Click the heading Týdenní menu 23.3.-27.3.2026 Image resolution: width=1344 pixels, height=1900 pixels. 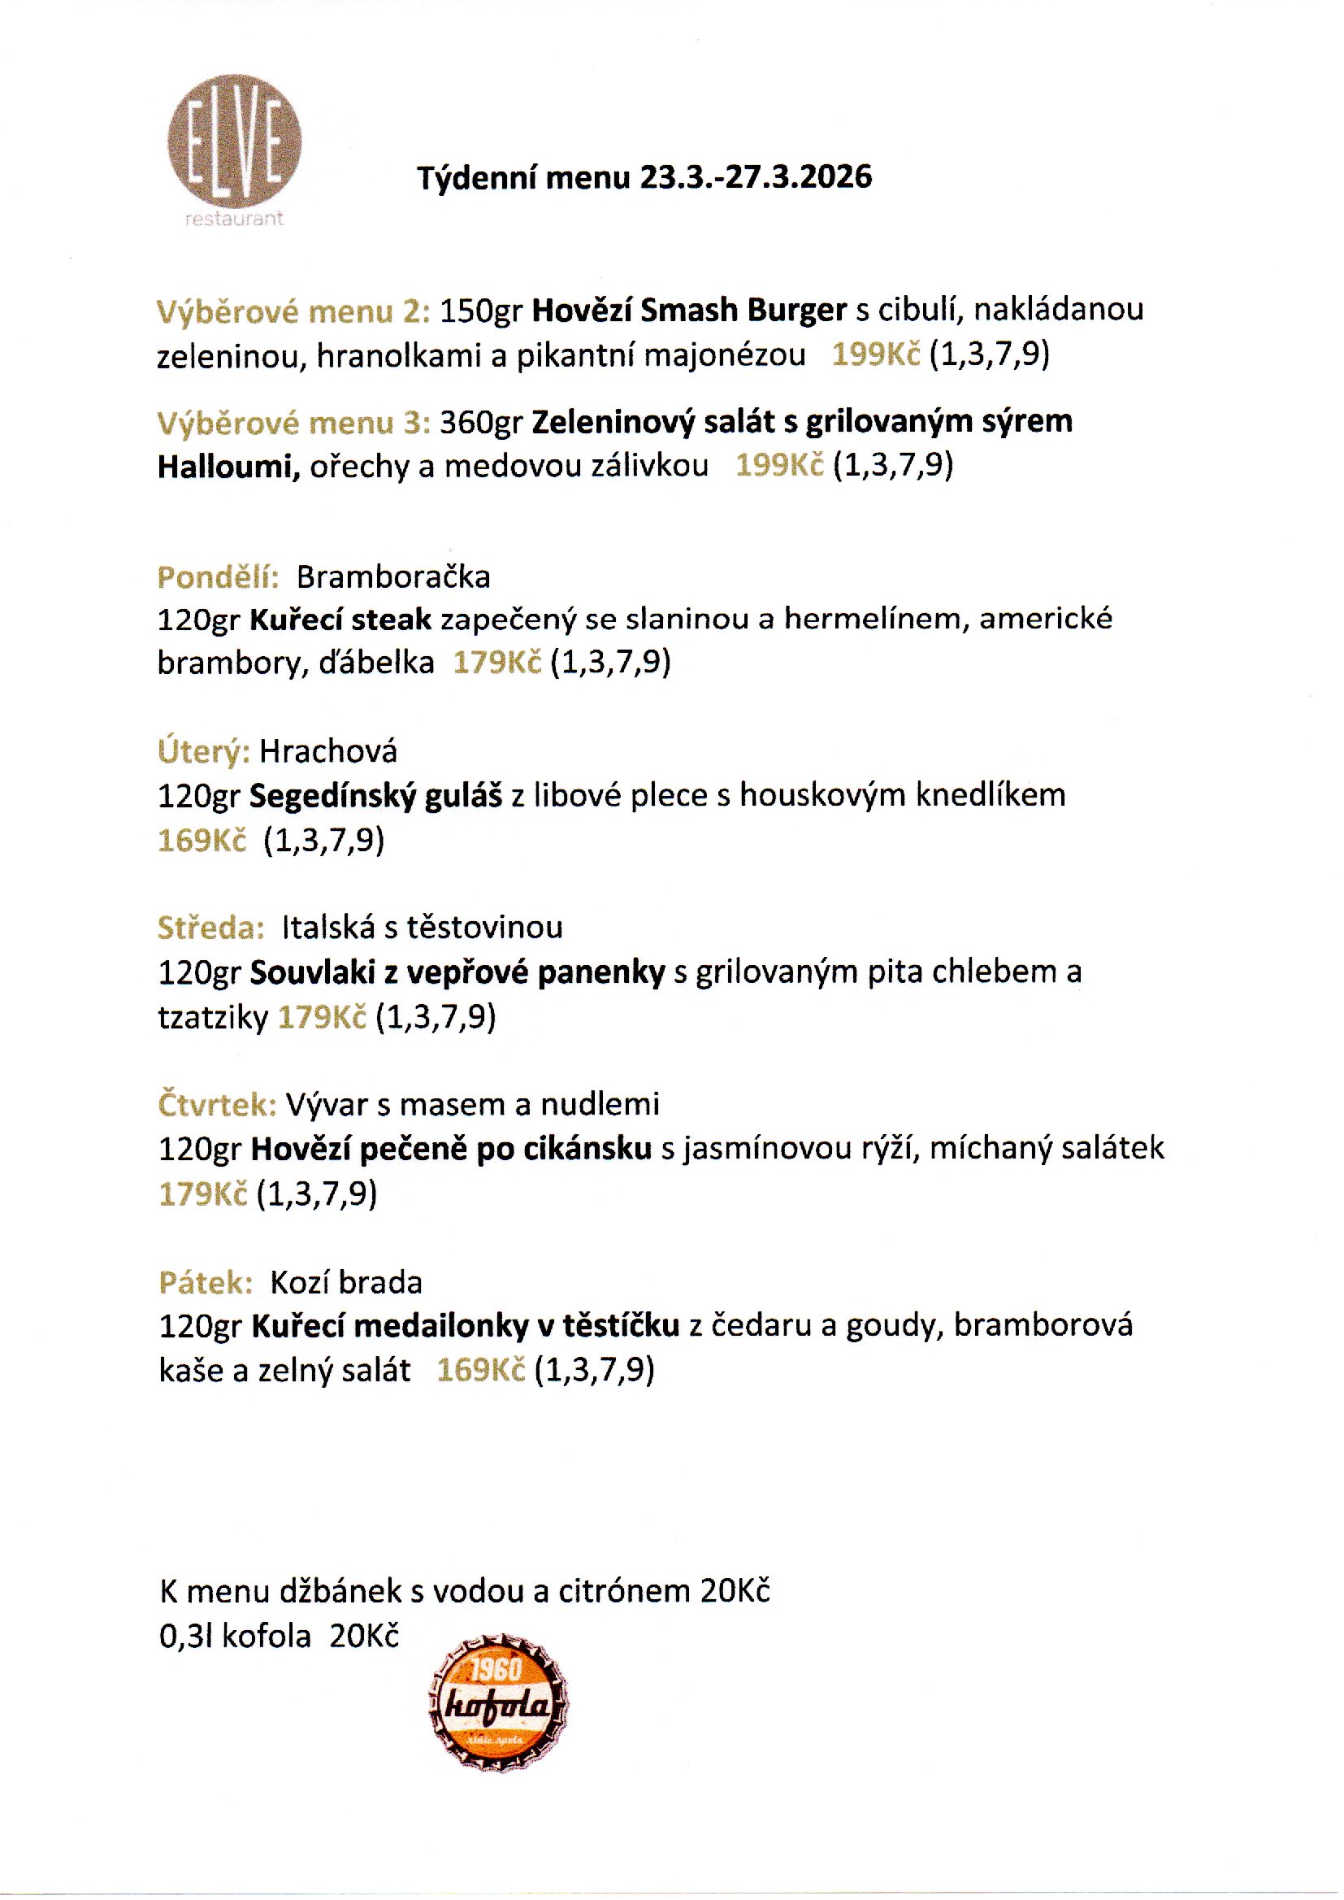[644, 177]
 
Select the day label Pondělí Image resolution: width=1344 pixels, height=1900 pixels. [218, 576]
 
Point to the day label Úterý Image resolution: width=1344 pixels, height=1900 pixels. [203, 752]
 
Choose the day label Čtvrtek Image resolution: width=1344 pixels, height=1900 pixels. [217, 1104]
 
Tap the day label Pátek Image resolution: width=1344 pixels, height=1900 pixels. [206, 1282]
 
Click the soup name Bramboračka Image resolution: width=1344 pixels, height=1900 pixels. [393, 576]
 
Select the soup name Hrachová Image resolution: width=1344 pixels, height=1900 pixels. [327, 752]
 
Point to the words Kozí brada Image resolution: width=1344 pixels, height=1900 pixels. [346, 1282]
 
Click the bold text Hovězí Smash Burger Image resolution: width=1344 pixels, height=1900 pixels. [688, 310]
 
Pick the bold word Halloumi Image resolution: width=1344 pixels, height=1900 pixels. [228, 467]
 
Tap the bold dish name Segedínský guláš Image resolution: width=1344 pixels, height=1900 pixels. [375, 796]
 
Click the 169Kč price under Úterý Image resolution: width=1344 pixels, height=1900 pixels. [202, 841]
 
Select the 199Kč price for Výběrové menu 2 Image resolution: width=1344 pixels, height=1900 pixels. [876, 354]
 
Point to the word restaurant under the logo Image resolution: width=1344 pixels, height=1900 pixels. [235, 219]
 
